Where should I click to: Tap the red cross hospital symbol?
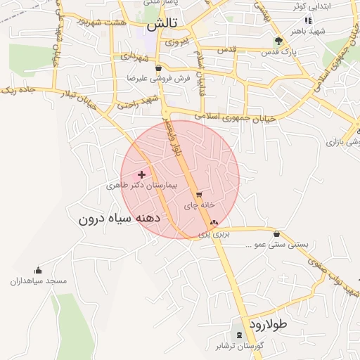(x=142, y=174)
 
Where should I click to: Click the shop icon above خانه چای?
(x=200, y=195)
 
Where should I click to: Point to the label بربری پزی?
(x=213, y=233)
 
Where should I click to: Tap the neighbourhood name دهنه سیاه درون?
(x=120, y=219)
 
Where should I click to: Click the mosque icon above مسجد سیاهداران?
(x=38, y=271)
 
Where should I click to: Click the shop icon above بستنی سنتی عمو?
(x=276, y=233)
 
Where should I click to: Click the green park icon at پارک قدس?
(x=279, y=41)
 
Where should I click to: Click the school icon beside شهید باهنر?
(x=307, y=20)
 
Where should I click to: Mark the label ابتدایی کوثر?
(x=330, y=6)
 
